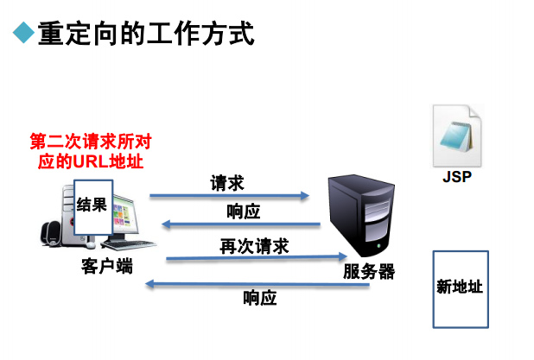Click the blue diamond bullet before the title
coord(22,35)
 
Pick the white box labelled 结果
coord(92,207)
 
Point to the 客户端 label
coord(103,266)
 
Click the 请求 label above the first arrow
coord(227,183)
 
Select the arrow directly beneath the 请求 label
coord(229,196)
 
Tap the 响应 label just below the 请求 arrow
coord(243,212)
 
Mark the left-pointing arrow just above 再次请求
coord(243,226)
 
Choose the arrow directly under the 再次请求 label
coord(255,256)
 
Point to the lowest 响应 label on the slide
coord(259,299)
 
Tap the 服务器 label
coord(368,272)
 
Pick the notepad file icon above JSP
coord(457,135)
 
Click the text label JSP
coord(457,179)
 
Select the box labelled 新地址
coord(460,289)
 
